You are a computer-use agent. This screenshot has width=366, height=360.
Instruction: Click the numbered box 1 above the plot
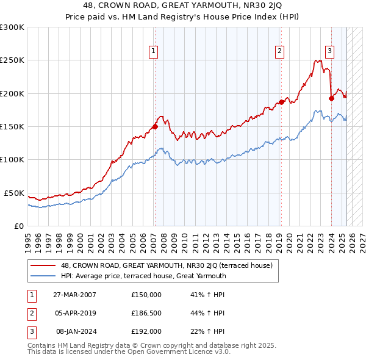coord(152,51)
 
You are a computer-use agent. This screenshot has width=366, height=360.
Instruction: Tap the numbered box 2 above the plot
coord(279,51)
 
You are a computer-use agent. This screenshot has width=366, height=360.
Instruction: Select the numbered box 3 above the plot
coord(329,51)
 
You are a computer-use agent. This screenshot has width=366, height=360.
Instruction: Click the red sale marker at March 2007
coord(155,127)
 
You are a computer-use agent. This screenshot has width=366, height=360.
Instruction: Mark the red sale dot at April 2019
coord(281,102)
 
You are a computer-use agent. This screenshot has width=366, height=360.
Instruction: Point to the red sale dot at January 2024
coord(331,98)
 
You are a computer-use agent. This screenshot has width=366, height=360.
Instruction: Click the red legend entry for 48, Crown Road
coord(170,265)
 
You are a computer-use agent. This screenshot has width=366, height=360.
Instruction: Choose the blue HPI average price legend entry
coord(143,276)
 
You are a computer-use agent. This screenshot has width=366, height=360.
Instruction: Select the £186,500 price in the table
coord(146,313)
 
